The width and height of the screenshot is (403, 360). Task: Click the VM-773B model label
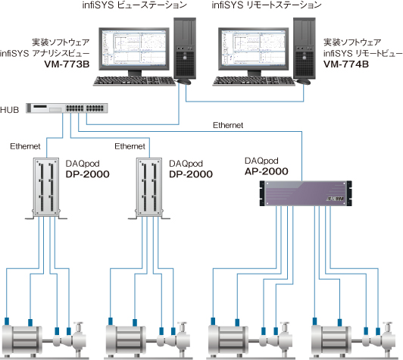tap(67, 64)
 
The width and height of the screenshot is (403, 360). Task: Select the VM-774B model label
tap(346, 64)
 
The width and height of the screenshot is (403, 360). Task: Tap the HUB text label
tap(10, 110)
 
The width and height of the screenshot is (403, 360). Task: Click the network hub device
tap(67, 108)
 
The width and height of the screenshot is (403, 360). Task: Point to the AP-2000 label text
tap(267, 171)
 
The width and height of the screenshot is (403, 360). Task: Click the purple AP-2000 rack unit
tap(305, 193)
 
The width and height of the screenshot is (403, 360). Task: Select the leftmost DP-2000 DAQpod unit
tap(46, 189)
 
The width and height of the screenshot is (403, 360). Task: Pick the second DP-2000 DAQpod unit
tap(149, 189)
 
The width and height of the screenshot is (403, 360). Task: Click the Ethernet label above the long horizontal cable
tap(228, 125)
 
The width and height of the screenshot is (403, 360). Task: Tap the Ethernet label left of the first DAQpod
tap(25, 146)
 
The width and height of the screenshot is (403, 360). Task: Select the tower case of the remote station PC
tap(305, 48)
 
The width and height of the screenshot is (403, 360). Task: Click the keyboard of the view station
tap(134, 81)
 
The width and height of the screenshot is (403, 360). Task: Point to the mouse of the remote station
tap(304, 82)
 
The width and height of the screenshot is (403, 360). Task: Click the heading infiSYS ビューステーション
tap(134, 5)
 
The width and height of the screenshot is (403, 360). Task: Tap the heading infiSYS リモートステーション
tap(267, 5)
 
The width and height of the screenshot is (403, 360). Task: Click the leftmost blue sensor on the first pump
tap(7, 321)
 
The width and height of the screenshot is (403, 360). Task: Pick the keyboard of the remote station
tap(254, 81)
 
